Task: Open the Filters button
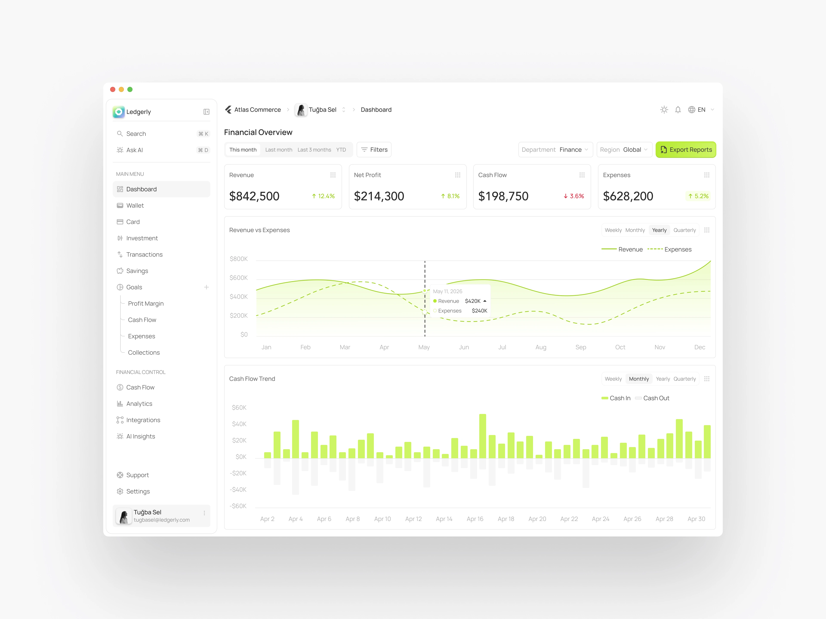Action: pos(374,150)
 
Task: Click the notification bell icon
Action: pos(678,110)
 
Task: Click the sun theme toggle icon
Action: pos(664,110)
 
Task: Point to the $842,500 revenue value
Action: pos(254,196)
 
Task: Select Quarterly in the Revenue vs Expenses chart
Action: pos(684,230)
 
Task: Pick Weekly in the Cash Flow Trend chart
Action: pos(613,379)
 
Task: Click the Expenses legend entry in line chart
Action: pos(670,249)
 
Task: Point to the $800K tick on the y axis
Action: pos(239,259)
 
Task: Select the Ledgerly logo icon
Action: pos(119,112)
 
